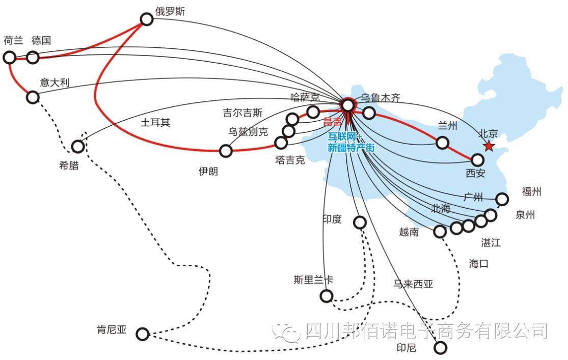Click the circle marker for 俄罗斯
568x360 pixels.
[x=147, y=19]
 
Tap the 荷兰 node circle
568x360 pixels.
[x=10, y=57]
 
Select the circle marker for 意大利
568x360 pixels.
[x=33, y=97]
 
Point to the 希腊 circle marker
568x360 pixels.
[x=77, y=147]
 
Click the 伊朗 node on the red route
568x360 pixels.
[x=226, y=151]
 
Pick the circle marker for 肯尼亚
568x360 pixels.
[x=143, y=334]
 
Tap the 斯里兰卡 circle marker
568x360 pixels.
[x=326, y=296]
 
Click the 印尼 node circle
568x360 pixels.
[x=440, y=348]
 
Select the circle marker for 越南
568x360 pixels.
[x=440, y=232]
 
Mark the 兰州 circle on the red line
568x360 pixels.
[x=442, y=143]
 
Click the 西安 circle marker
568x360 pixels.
[x=477, y=160]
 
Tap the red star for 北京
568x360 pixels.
[x=489, y=147]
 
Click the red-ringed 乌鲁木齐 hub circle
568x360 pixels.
[x=347, y=105]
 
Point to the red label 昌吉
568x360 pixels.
[x=333, y=122]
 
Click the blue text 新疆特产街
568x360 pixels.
[x=351, y=148]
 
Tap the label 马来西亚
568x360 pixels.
[x=413, y=284]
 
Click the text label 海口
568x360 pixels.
[x=479, y=263]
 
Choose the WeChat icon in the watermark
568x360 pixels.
[x=286, y=331]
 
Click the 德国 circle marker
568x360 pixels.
[x=33, y=57]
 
